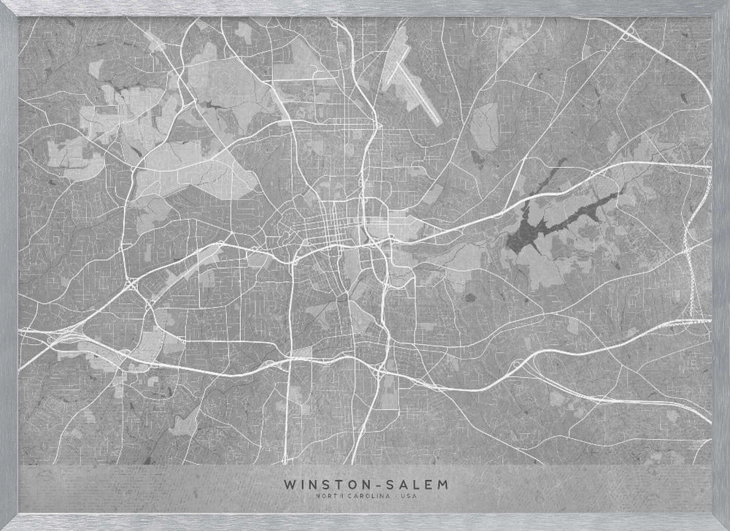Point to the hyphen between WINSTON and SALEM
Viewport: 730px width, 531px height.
(x=374, y=484)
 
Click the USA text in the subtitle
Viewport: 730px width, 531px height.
(x=407, y=497)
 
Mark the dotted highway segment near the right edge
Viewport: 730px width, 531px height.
(x=689, y=270)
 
